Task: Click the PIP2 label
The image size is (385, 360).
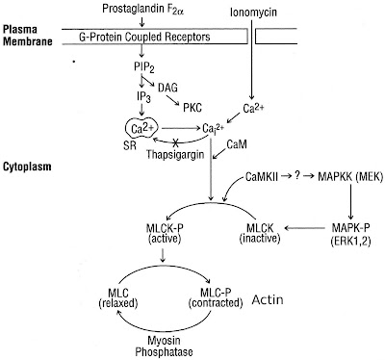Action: tap(146, 70)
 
